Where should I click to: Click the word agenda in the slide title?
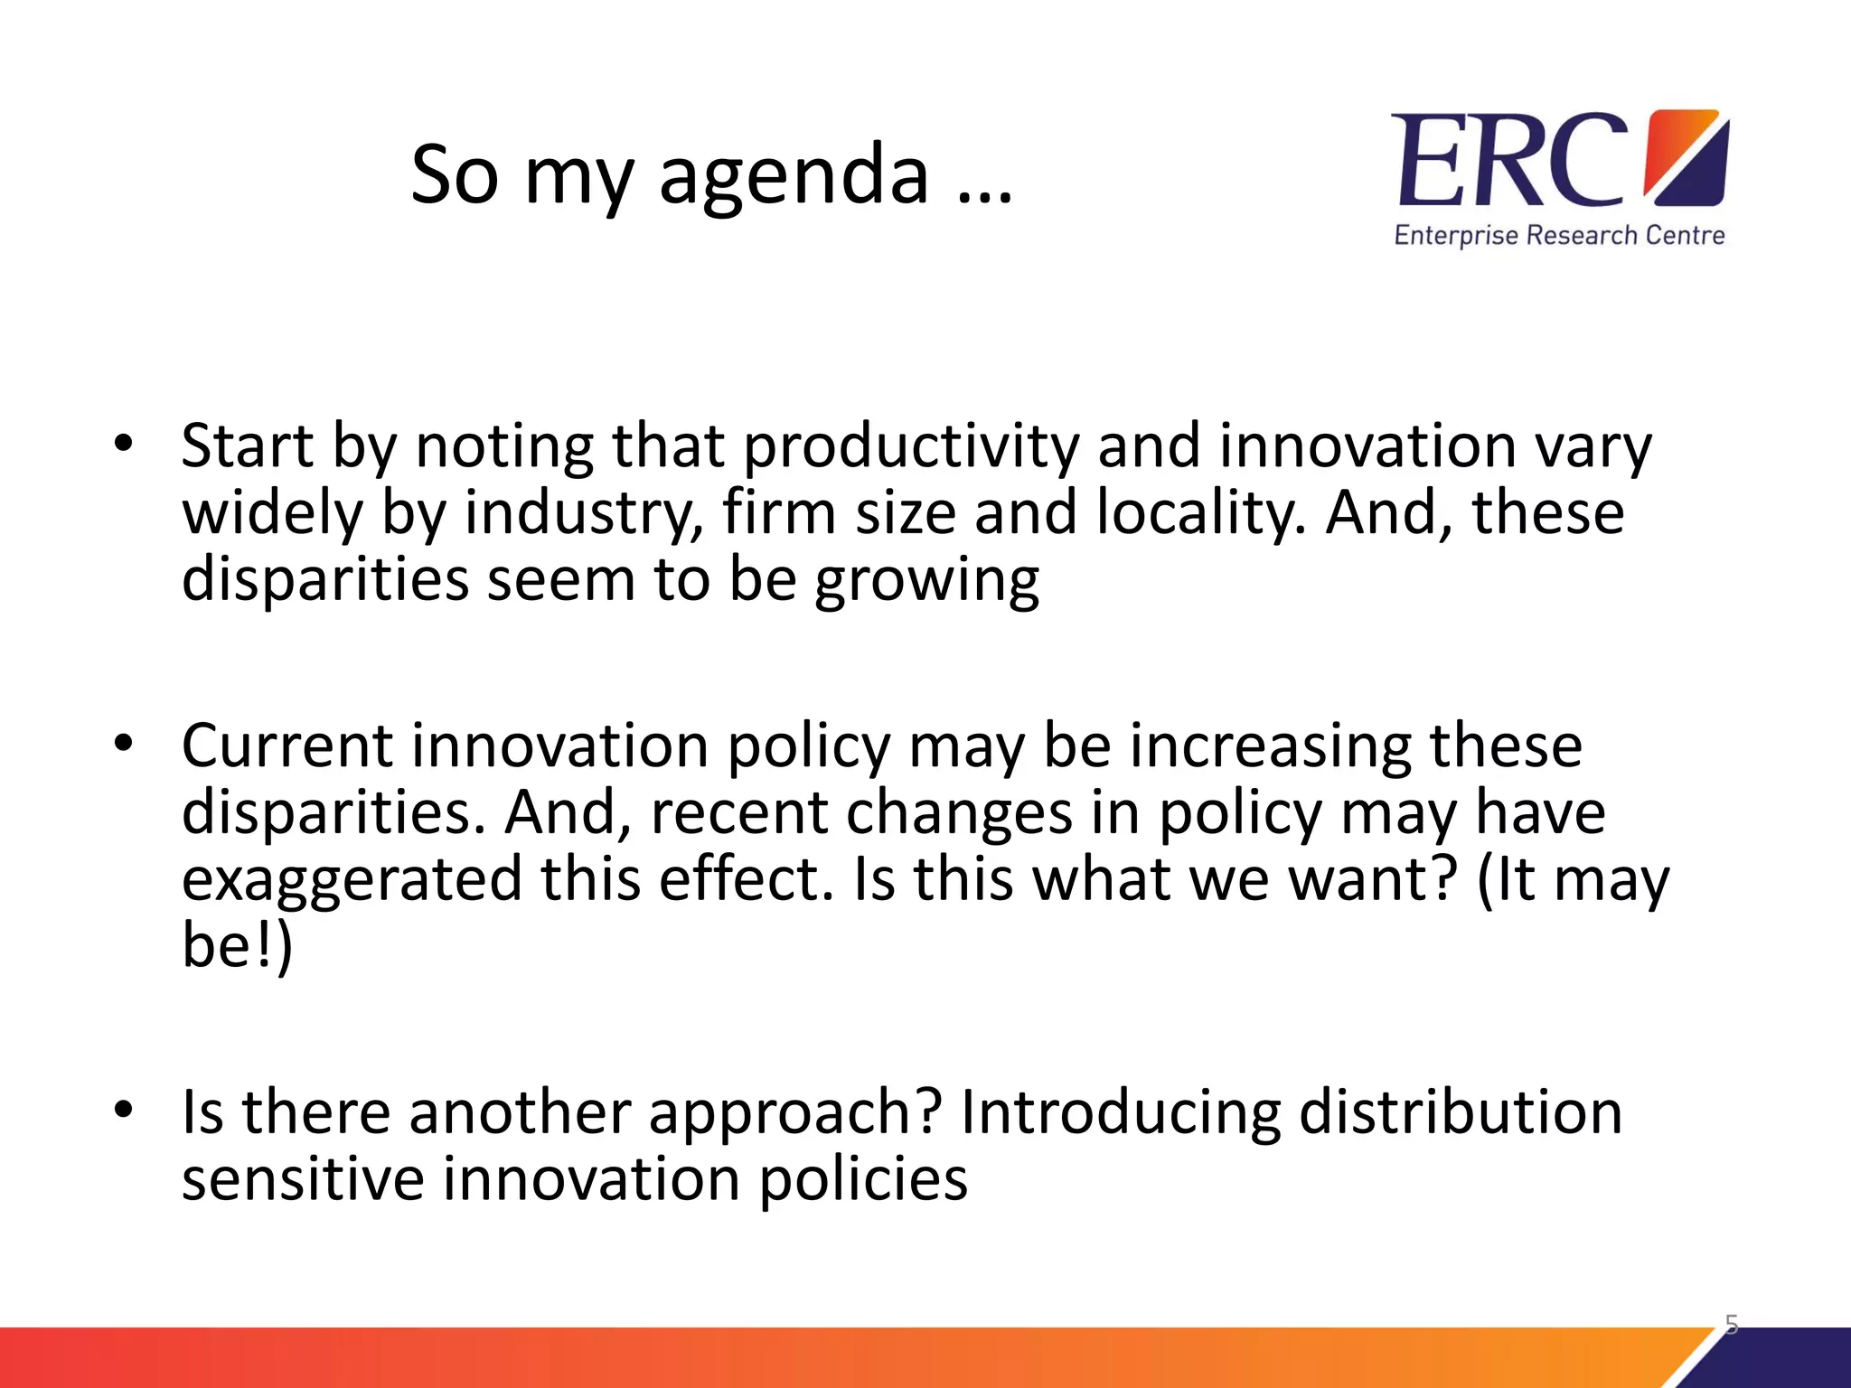(793, 177)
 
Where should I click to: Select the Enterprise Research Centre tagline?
(1559, 236)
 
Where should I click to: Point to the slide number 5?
(1731, 1325)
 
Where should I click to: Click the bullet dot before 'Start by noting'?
(124, 444)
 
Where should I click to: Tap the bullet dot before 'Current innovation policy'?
(124, 743)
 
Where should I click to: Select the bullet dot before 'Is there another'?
(124, 1109)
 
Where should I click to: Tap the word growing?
(926, 581)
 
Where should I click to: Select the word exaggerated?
(352, 880)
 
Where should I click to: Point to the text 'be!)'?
(237, 945)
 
